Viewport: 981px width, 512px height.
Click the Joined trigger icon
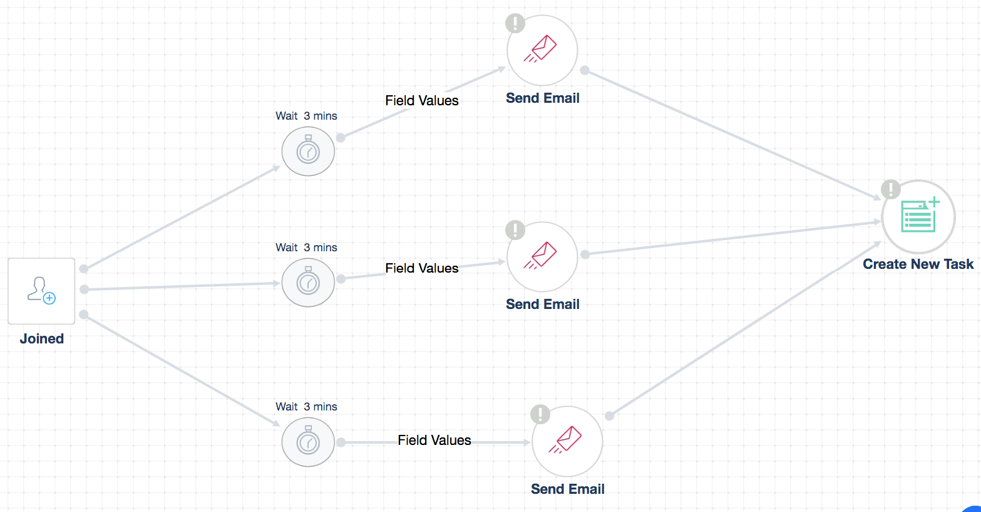point(41,291)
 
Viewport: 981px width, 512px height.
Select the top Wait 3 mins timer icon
point(308,151)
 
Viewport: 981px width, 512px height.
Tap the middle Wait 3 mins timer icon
point(308,283)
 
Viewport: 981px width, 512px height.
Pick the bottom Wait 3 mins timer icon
point(308,442)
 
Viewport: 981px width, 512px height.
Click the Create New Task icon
point(918,217)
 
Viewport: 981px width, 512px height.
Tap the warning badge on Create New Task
point(890,189)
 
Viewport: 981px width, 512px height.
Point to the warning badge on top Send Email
point(515,24)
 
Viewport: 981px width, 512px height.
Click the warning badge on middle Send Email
point(515,230)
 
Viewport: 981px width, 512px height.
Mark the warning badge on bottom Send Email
point(540,414)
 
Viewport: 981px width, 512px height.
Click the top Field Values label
point(422,100)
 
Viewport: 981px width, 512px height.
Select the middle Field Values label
point(422,268)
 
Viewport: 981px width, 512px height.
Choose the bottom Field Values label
point(434,440)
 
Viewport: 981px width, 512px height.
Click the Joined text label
point(42,338)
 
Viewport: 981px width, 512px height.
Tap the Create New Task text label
point(918,264)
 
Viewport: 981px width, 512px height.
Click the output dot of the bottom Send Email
point(609,415)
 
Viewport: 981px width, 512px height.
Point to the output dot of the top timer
point(341,138)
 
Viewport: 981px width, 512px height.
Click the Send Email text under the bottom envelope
point(567,489)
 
